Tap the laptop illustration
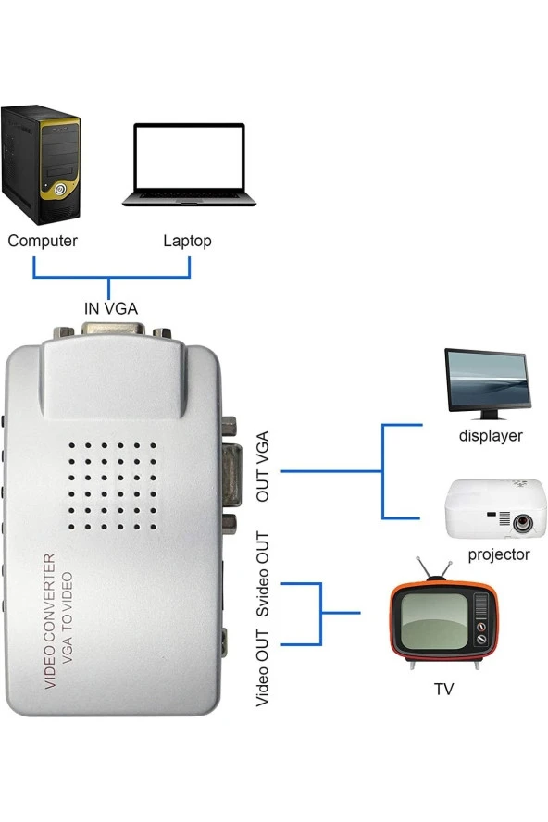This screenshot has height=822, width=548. [189, 165]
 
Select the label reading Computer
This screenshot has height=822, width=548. [43, 242]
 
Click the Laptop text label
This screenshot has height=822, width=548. [187, 242]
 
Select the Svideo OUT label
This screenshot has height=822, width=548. [263, 575]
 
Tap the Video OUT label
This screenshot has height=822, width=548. [263, 667]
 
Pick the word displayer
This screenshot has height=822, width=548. [491, 435]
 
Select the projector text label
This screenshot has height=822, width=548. [499, 554]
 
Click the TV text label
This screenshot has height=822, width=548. [444, 690]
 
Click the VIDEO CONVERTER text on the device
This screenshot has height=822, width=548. [52, 621]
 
